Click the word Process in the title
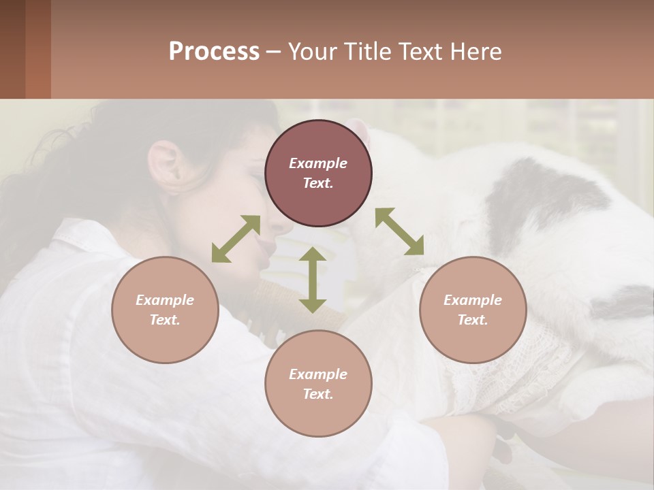tap(214, 52)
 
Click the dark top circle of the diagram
tap(318, 173)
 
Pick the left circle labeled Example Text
tap(165, 310)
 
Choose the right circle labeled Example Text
tap(473, 310)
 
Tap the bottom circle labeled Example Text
tap(318, 384)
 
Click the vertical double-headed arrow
tap(312, 280)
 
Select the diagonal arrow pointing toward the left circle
tap(236, 238)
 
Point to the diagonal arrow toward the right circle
tap(399, 231)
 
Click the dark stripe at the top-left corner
tap(12, 49)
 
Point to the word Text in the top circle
tap(317, 183)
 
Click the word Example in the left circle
tap(165, 300)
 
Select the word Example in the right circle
tap(473, 300)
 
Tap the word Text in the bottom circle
tap(317, 394)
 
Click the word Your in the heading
tap(311, 52)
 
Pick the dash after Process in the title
tap(274, 52)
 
